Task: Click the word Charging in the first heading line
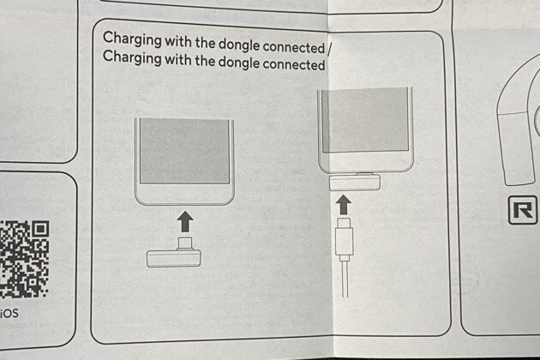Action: click(132, 39)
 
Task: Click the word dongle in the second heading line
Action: click(238, 63)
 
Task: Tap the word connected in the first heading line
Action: click(294, 47)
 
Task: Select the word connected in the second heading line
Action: click(294, 64)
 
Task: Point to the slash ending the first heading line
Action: click(329, 49)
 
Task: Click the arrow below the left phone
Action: click(185, 221)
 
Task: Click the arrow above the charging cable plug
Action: click(344, 205)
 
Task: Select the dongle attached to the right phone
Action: click(355, 182)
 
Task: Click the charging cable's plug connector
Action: click(344, 238)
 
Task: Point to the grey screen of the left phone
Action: click(184, 151)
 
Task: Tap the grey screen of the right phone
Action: click(365, 121)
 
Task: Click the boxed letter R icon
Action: click(523, 210)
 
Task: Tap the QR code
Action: click(24, 259)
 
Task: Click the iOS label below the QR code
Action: click(9, 314)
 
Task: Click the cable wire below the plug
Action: click(345, 279)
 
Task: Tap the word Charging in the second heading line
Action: click(132, 57)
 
